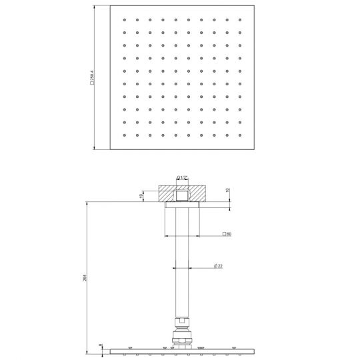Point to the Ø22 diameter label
coord(218,266)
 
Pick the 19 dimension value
coord(141,196)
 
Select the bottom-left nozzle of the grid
coord(123,135)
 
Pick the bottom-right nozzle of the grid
coord(240,135)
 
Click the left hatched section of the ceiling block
coord(166,195)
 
